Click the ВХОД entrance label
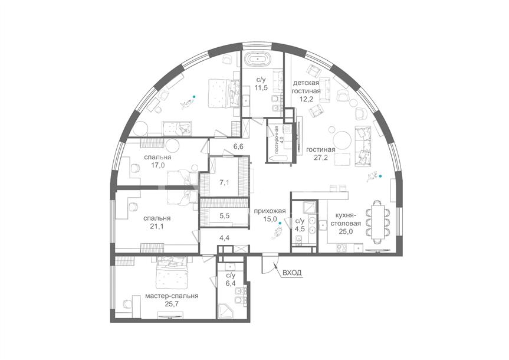click(x=292, y=273)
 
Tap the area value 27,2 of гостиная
click(x=321, y=158)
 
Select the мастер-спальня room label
click(x=172, y=296)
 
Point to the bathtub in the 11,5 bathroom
click(x=258, y=59)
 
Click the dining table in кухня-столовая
click(x=378, y=222)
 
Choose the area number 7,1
click(x=224, y=183)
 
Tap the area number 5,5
click(x=225, y=215)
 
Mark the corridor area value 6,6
click(x=238, y=146)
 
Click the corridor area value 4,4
click(x=224, y=238)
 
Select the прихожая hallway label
click(x=270, y=211)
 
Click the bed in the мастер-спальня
click(x=172, y=272)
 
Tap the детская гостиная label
click(x=306, y=87)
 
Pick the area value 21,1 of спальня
click(x=157, y=227)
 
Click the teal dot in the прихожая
click(x=280, y=224)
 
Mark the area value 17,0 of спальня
click(x=157, y=165)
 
